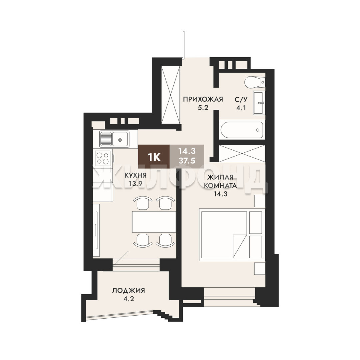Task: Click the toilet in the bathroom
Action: pos(254,82)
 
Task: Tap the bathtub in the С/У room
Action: pos(242,130)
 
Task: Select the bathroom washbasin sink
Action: pos(259,102)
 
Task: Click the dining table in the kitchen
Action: pos(154,222)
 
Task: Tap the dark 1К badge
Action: pos(154,157)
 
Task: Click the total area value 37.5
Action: pos(187,161)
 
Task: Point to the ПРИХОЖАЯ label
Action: pos(203,99)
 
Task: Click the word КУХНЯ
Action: pos(135,176)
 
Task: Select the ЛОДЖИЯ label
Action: pos(129,291)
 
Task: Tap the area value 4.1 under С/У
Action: pos(241,108)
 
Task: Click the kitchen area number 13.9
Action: pos(135,184)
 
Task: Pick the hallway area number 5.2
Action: pos(203,107)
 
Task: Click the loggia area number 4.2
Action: pos(129,299)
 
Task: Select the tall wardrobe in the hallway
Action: pos(171,95)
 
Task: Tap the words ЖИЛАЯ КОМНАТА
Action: pos(220,181)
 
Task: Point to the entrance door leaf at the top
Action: pos(183,45)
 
